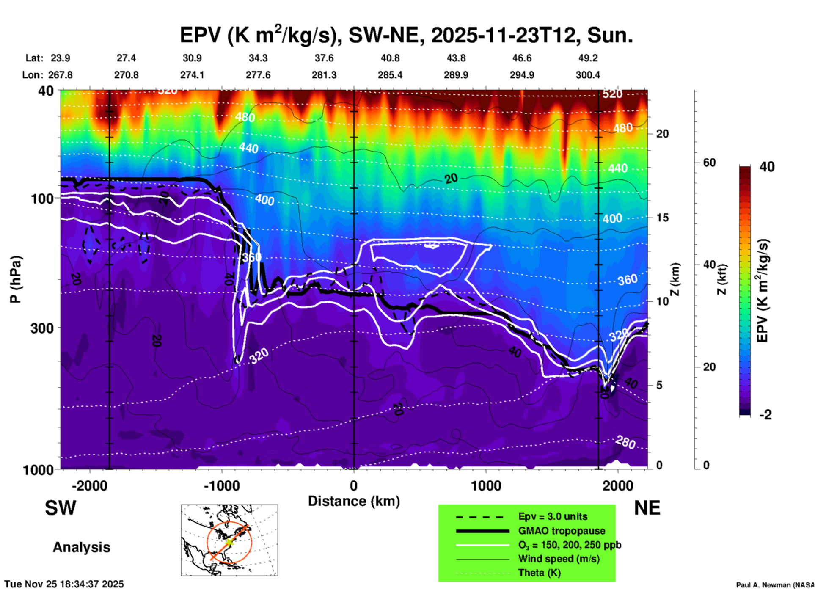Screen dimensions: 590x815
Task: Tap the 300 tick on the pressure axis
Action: (42, 328)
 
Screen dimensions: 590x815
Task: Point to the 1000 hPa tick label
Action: (37, 469)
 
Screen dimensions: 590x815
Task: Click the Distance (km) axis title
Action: (354, 501)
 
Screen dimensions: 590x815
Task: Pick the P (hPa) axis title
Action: (15, 279)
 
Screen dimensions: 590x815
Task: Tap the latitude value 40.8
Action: (390, 58)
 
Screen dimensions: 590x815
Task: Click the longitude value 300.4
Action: (588, 75)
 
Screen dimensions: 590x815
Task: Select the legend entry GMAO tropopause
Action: (562, 531)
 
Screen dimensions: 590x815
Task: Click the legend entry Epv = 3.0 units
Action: (553, 516)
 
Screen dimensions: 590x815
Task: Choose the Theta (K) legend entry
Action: (539, 573)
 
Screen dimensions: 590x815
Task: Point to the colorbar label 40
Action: (767, 167)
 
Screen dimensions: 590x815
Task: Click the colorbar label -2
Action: (765, 415)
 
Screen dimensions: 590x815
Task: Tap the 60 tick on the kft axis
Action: (709, 163)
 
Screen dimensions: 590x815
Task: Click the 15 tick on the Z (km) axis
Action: (662, 218)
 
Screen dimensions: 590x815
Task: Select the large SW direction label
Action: (61, 508)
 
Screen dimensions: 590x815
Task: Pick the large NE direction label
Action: (647, 508)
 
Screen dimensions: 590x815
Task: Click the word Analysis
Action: (81, 547)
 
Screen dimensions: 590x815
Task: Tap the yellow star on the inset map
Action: (229, 542)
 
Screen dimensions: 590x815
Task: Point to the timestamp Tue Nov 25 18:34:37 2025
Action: (64, 584)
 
